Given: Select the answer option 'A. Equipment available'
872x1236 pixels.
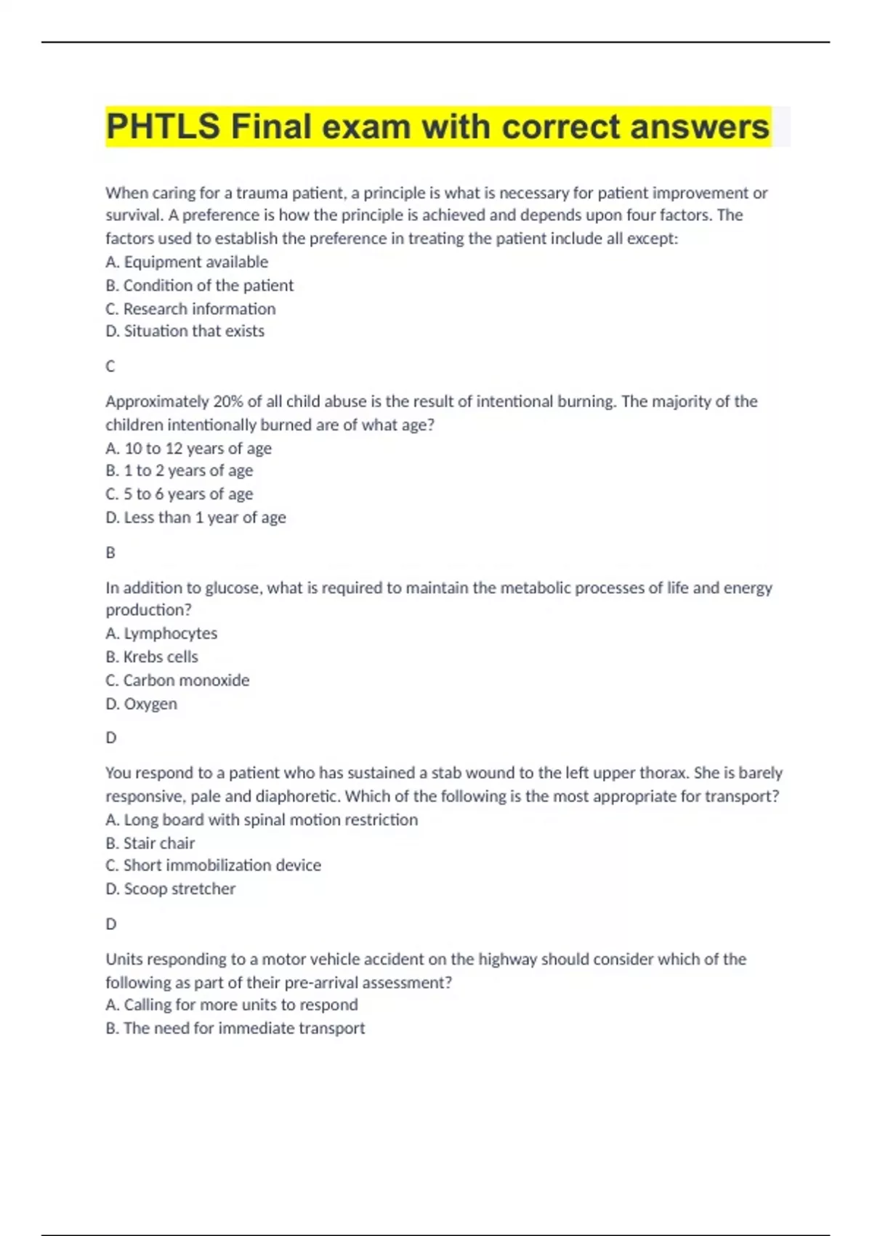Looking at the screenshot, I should coord(187,262).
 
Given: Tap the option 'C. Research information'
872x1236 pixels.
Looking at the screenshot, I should coord(190,309).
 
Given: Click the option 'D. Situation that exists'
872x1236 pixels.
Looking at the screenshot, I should coord(185,332).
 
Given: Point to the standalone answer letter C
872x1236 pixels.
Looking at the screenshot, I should coord(110,366).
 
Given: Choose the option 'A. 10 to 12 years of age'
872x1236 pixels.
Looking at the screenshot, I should coord(188,449).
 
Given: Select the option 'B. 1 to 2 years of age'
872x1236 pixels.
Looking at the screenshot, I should coord(179,471).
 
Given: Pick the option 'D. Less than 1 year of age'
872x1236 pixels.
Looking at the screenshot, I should coord(195,518).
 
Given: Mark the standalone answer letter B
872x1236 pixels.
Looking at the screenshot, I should coord(110,553).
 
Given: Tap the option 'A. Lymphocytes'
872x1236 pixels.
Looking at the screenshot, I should coord(161,633).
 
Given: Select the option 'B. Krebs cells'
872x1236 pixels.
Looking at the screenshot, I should coord(152,657).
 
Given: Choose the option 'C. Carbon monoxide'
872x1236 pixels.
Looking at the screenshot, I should coord(177,681).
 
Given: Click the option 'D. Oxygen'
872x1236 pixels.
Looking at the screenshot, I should coord(141,704).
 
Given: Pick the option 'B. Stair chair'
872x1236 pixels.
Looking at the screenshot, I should coord(150,843).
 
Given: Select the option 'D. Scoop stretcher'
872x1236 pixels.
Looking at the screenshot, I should coord(171,889).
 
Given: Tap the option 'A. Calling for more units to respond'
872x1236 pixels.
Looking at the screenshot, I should coord(232,1005).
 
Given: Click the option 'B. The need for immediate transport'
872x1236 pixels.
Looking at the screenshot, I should coord(235,1028).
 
